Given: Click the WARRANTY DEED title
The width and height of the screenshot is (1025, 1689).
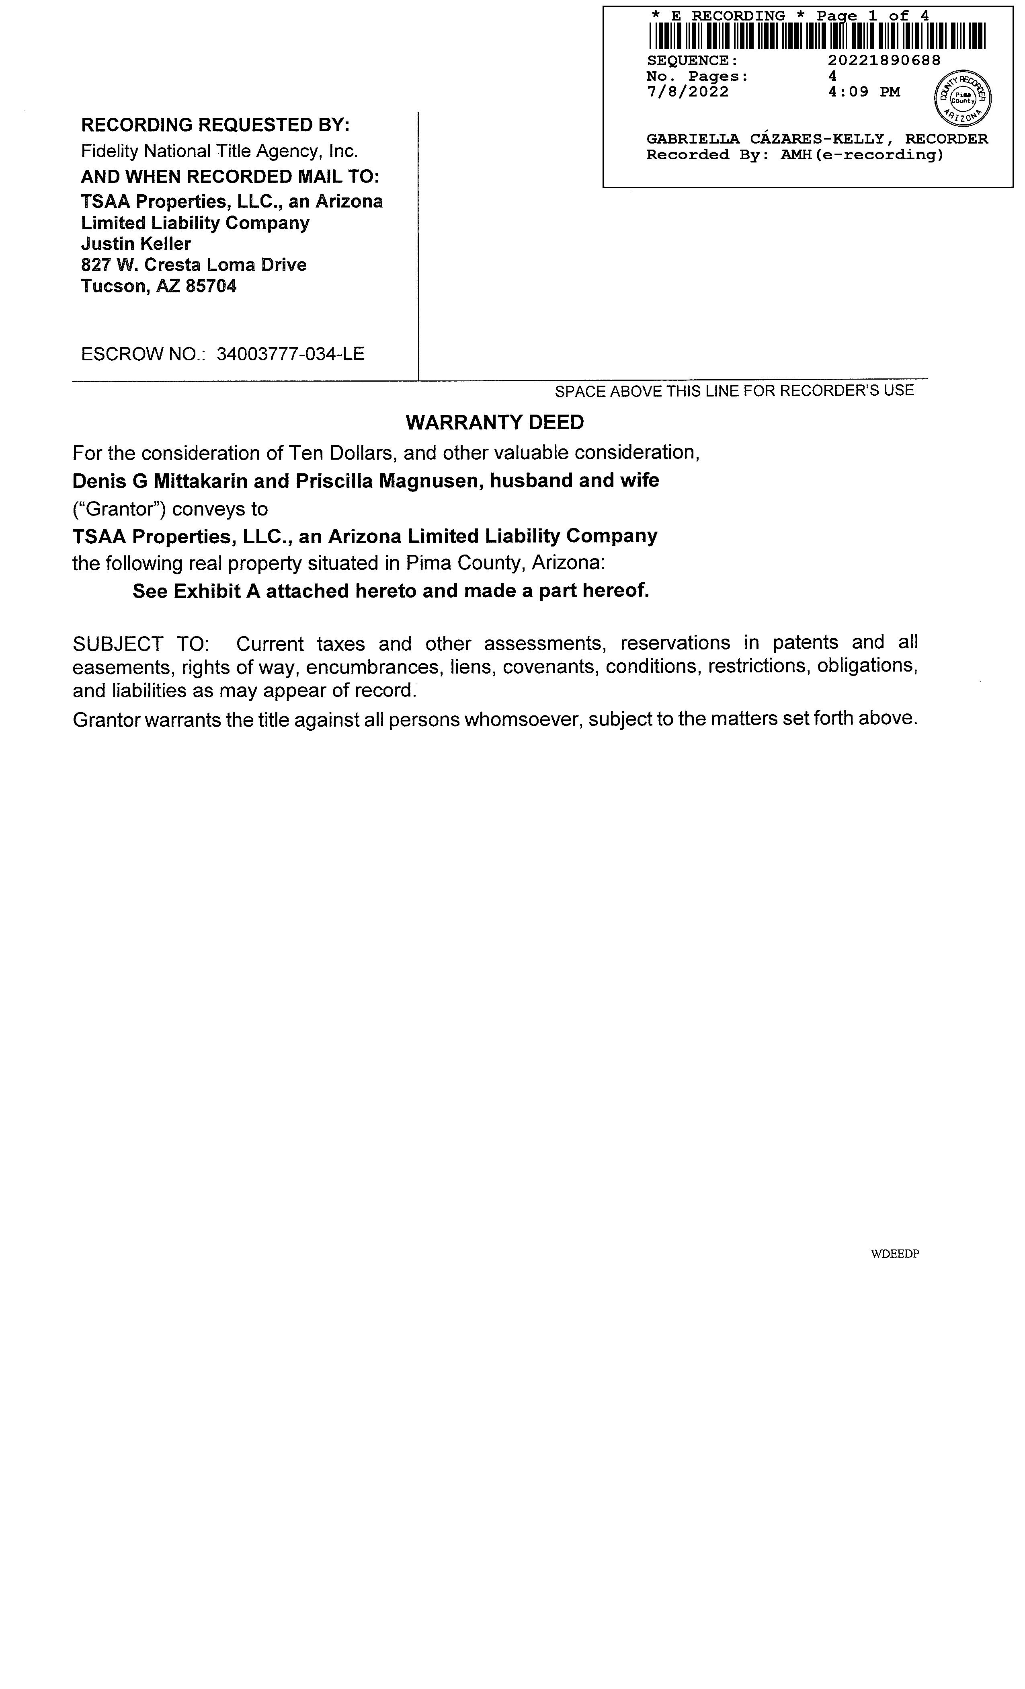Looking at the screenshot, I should pos(495,422).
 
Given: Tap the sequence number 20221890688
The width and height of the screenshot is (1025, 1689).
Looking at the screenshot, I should pos(884,60).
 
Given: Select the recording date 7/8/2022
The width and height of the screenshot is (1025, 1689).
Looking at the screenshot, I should pos(687,92).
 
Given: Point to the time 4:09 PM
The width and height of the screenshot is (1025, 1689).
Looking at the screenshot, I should pos(863,92).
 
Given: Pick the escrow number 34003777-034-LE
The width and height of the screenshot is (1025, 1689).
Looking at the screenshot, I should pos(291,354).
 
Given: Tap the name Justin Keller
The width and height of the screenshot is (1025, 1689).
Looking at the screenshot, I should pos(136,244).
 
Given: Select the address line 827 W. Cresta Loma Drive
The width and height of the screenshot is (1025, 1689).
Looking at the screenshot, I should pos(194,265).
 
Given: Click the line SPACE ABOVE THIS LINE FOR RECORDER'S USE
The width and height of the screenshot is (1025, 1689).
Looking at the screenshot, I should pos(734,391).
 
